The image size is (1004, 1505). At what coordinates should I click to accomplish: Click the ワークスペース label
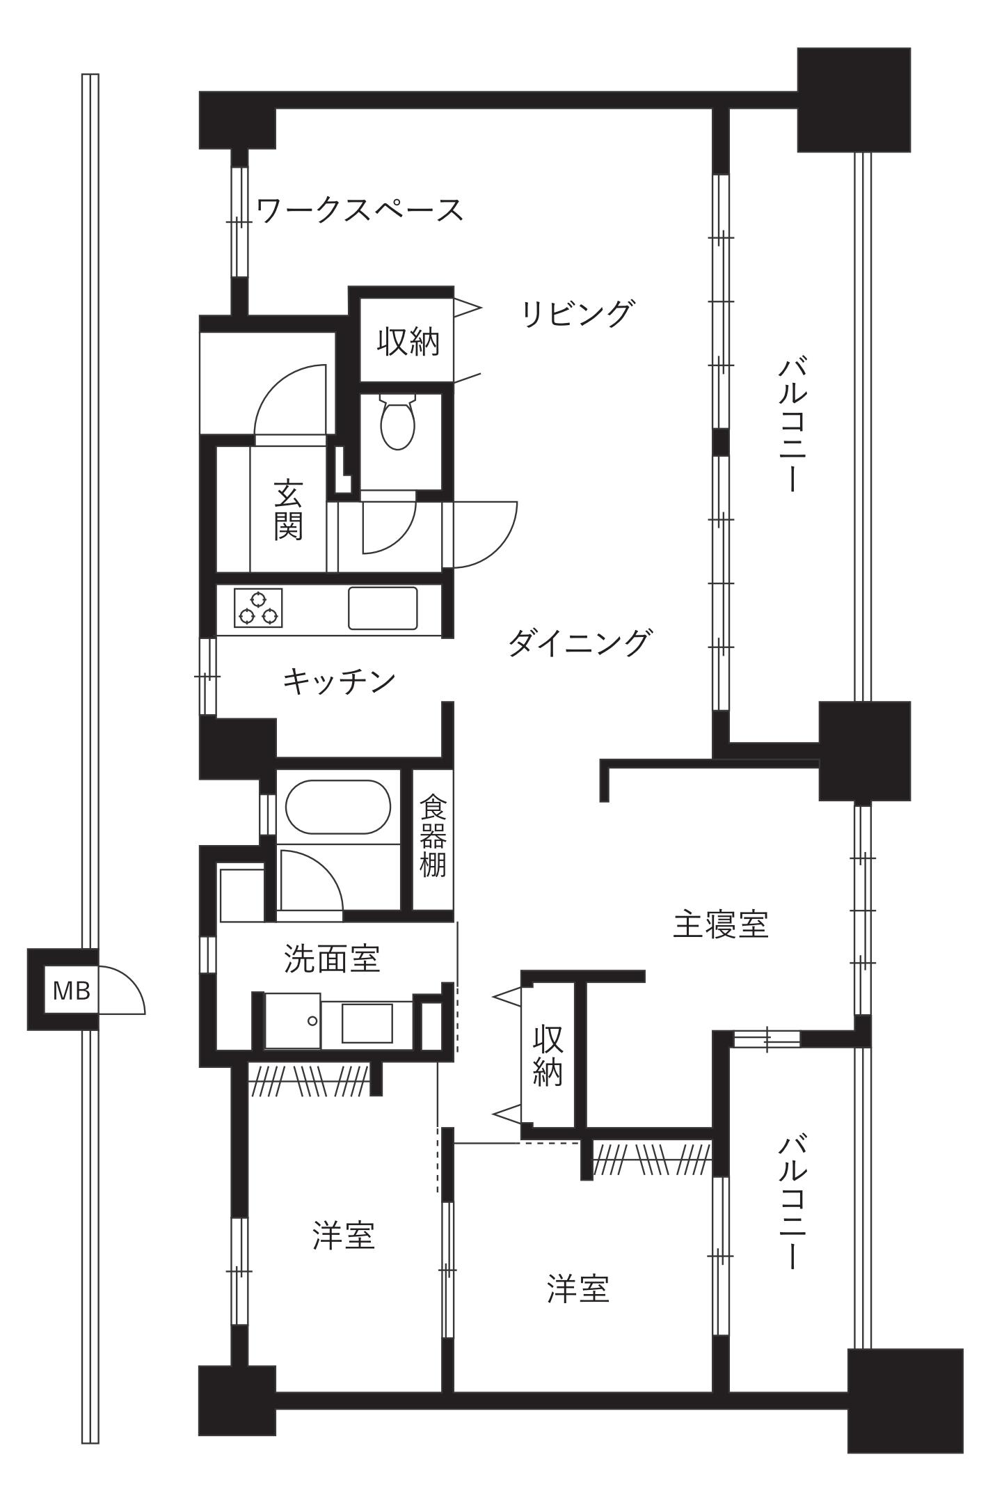pyautogui.click(x=360, y=210)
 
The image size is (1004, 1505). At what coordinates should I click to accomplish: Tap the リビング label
pyautogui.click(x=578, y=313)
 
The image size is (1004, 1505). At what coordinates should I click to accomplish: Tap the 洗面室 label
pyautogui.click(x=333, y=958)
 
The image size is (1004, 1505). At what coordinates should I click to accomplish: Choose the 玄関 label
pyautogui.click(x=287, y=510)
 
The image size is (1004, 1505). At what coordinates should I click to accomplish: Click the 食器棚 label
pyautogui.click(x=433, y=837)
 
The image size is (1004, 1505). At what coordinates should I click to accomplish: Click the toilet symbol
pyautogui.click(x=398, y=420)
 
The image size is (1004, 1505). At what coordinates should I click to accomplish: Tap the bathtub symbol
pyautogui.click(x=338, y=807)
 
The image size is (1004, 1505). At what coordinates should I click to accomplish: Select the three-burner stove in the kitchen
pyautogui.click(x=258, y=608)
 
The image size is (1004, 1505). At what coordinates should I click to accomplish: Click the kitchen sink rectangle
pyautogui.click(x=383, y=608)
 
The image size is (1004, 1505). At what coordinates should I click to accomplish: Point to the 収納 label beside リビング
pyautogui.click(x=408, y=341)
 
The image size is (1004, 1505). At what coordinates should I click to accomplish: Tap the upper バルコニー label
pyautogui.click(x=792, y=425)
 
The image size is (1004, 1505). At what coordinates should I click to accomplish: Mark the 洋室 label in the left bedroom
pyautogui.click(x=344, y=1235)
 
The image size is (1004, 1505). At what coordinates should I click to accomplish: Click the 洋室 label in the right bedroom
pyautogui.click(x=578, y=1289)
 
